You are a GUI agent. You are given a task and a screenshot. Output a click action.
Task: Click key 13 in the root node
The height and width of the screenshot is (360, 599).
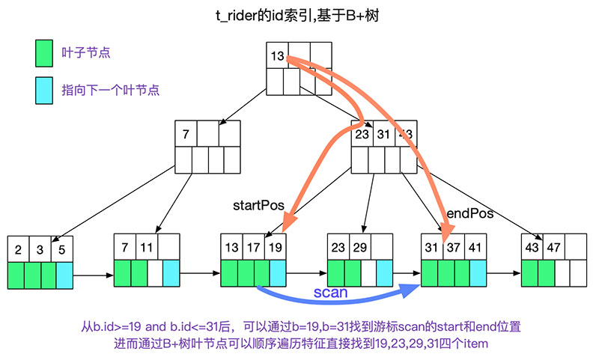tap(276, 55)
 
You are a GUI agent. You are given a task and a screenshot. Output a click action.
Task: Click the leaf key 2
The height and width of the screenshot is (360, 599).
tap(16, 248)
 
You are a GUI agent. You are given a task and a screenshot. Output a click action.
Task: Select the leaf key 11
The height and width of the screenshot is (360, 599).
tap(146, 246)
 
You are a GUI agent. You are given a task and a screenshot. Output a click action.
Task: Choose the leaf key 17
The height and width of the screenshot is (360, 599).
tap(253, 246)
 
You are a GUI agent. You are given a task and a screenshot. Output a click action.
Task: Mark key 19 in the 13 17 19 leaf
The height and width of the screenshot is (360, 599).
tap(276, 246)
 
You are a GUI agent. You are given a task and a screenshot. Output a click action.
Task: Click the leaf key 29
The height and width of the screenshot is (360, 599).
tap(360, 246)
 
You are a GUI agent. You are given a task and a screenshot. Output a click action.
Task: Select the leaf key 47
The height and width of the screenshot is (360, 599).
tap(554, 246)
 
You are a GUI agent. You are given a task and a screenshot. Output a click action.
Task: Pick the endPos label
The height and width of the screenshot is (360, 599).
tap(470, 214)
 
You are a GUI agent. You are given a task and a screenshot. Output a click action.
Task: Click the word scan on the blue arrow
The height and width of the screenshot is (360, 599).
tap(330, 292)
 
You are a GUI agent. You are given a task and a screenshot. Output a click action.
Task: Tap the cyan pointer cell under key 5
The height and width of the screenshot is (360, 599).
tap(64, 275)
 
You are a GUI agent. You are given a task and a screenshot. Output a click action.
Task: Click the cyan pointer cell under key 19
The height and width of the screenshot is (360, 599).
tap(277, 272)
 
